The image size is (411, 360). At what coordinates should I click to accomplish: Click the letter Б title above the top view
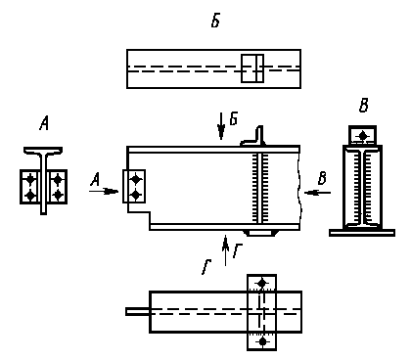click(x=215, y=22)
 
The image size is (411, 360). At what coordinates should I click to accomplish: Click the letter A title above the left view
click(x=44, y=124)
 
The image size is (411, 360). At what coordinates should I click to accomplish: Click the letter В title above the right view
click(x=364, y=106)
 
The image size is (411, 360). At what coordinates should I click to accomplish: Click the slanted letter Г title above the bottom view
click(x=206, y=267)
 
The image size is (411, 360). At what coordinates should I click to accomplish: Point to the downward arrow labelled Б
click(x=221, y=126)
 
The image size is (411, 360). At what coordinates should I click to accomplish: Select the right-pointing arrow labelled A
click(x=104, y=191)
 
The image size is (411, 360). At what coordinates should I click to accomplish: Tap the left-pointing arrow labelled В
click(x=317, y=193)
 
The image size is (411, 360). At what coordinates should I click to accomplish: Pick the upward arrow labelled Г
click(x=225, y=250)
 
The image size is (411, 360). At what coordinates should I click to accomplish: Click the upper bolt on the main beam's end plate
click(x=136, y=179)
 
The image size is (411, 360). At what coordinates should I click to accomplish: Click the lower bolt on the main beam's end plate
click(x=136, y=195)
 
